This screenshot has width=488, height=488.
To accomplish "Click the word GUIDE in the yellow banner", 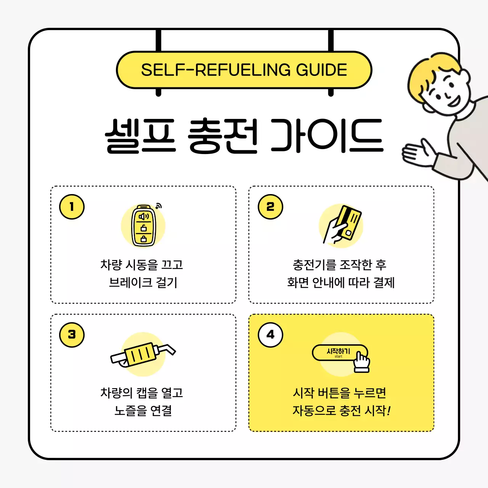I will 321,70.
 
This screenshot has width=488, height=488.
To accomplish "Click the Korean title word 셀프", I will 140,136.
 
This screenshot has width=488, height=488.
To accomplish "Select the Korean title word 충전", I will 223,136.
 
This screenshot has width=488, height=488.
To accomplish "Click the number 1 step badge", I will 72,207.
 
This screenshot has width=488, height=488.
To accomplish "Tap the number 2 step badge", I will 270,207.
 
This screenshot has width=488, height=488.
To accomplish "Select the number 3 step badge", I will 72,335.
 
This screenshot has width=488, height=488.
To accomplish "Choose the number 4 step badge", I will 270,335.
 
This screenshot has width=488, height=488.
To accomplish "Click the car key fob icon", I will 143,226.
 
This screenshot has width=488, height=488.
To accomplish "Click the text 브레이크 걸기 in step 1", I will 143,283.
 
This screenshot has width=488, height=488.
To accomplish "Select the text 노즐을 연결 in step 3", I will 143,411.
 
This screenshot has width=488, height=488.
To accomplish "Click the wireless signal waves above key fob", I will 159,206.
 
